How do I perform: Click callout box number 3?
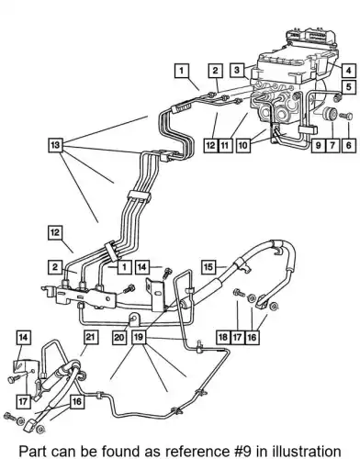(237, 70)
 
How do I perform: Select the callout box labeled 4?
(349, 71)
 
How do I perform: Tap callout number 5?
(349, 87)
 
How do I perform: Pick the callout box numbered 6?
(349, 145)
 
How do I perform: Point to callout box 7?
(333, 145)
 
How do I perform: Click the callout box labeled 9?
(318, 145)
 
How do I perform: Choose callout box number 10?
(242, 145)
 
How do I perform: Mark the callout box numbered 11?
(225, 145)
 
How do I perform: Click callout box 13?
(55, 145)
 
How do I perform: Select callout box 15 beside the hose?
(208, 267)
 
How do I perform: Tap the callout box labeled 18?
(222, 337)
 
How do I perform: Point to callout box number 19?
(139, 337)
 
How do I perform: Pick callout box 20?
(119, 337)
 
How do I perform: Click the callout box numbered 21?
(89, 337)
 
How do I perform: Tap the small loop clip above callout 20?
(135, 319)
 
